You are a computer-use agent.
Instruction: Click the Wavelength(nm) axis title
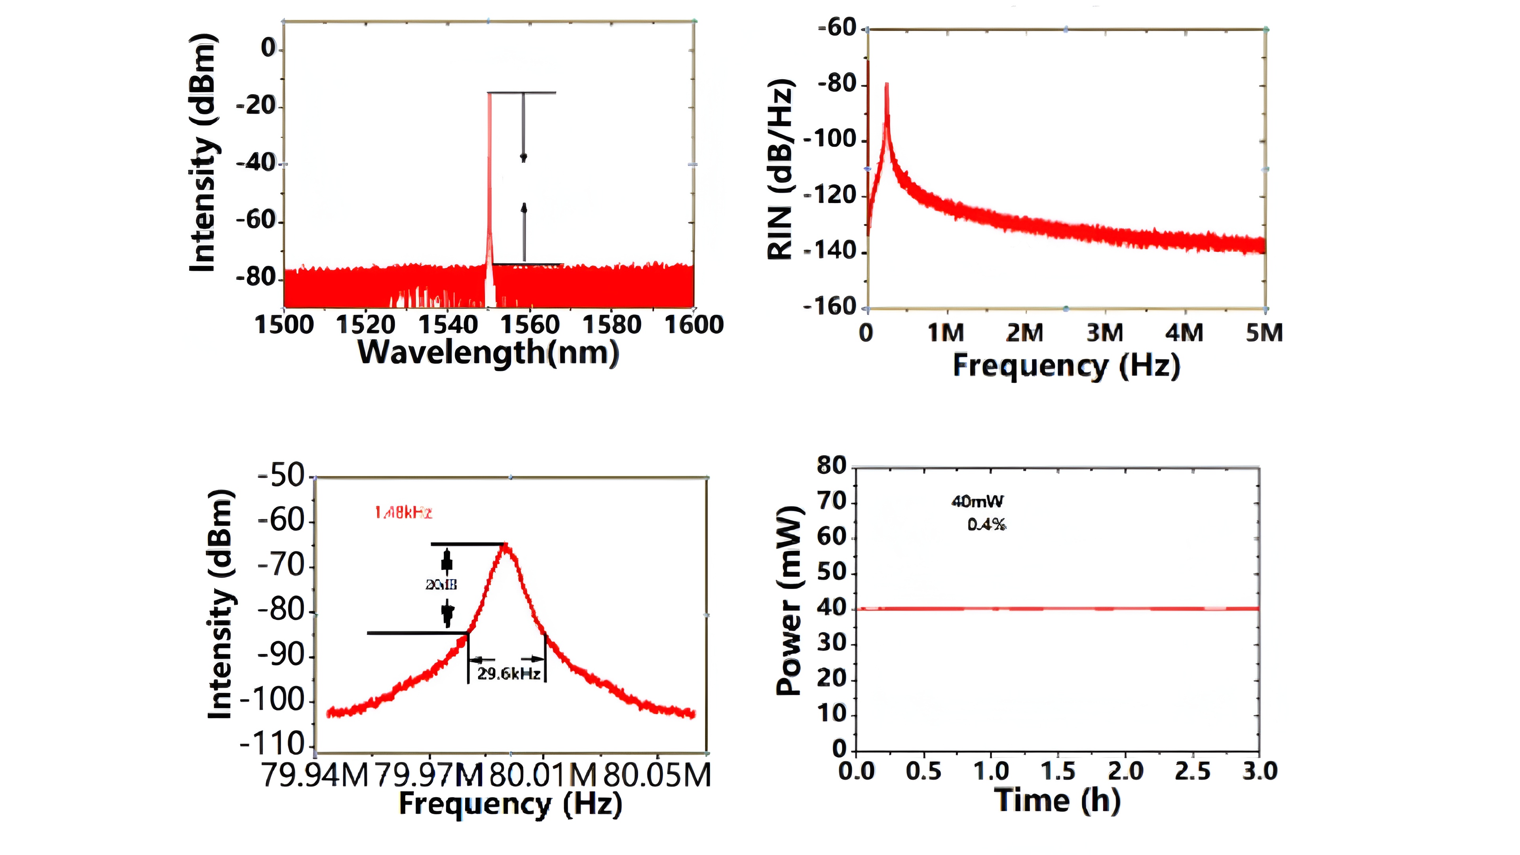[488, 352]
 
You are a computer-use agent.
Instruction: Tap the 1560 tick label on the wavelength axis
[529, 325]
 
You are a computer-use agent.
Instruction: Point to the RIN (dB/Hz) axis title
[780, 169]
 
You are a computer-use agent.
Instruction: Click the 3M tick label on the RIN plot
[1105, 333]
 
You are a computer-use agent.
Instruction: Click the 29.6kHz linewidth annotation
[509, 674]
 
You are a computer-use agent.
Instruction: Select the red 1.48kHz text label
[404, 513]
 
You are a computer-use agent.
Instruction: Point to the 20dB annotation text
[441, 585]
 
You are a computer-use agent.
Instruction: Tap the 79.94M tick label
[315, 775]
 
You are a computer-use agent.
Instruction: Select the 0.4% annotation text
[986, 524]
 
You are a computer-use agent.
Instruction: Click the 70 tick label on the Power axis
[831, 502]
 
